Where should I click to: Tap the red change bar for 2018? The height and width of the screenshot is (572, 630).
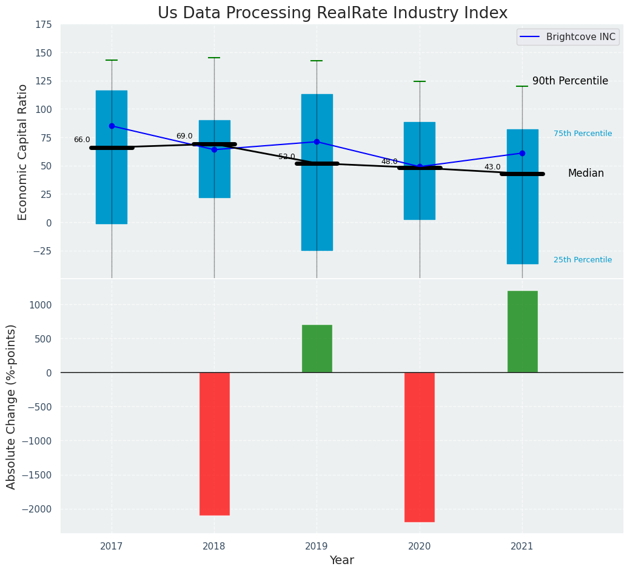tap(214, 443)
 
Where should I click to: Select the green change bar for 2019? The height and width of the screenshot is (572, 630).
tap(317, 349)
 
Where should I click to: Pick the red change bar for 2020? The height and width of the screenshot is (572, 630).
tap(419, 447)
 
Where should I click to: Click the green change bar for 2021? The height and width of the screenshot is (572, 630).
tap(522, 332)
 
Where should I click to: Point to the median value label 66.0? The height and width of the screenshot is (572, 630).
tap(82, 140)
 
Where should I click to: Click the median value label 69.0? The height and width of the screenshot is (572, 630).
tap(184, 136)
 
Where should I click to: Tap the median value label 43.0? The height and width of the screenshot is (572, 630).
tap(492, 167)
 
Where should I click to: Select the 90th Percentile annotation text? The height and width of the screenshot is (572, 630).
tap(570, 81)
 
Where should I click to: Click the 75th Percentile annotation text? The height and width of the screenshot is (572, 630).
tap(583, 134)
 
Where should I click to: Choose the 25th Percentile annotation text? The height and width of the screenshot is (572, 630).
tap(583, 260)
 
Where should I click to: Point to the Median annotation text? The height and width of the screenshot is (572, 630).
tap(586, 173)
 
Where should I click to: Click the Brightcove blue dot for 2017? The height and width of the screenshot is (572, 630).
tap(112, 126)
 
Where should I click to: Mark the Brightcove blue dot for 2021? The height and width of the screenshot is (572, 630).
tap(522, 153)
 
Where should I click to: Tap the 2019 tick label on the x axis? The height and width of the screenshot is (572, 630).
tap(317, 546)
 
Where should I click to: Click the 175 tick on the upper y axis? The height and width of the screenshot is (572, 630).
tap(44, 25)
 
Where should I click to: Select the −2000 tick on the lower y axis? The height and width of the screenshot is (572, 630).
tap(41, 509)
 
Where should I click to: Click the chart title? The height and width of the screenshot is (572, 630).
tap(332, 13)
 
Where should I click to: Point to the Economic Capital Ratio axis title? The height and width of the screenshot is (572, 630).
tap(23, 152)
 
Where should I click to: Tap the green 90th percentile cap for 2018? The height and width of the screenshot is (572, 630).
tap(214, 58)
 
